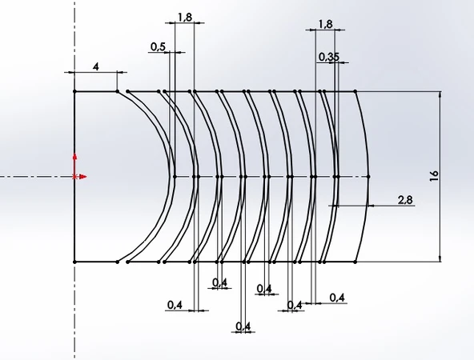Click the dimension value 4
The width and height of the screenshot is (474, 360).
click(x=96, y=66)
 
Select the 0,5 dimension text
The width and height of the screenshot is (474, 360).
click(x=158, y=47)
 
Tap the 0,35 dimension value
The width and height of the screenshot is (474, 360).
click(x=327, y=57)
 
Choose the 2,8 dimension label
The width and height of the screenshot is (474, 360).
click(x=405, y=200)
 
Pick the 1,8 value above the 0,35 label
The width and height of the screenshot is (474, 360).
click(x=325, y=25)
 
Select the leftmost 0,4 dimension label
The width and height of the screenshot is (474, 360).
click(x=175, y=304)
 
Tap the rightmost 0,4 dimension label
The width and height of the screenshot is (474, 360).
click(x=337, y=298)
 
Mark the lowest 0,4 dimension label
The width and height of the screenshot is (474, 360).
click(x=243, y=326)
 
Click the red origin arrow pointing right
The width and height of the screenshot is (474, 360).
click(x=83, y=176)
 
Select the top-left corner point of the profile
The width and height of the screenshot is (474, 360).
click(x=74, y=91)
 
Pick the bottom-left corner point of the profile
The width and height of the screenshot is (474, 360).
click(x=74, y=262)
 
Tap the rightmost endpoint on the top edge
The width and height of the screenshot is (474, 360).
click(x=356, y=91)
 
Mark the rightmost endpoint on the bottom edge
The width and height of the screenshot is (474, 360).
click(x=356, y=262)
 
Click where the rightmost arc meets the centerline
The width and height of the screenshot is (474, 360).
click(x=370, y=176)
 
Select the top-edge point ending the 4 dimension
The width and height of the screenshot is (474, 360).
click(x=118, y=91)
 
